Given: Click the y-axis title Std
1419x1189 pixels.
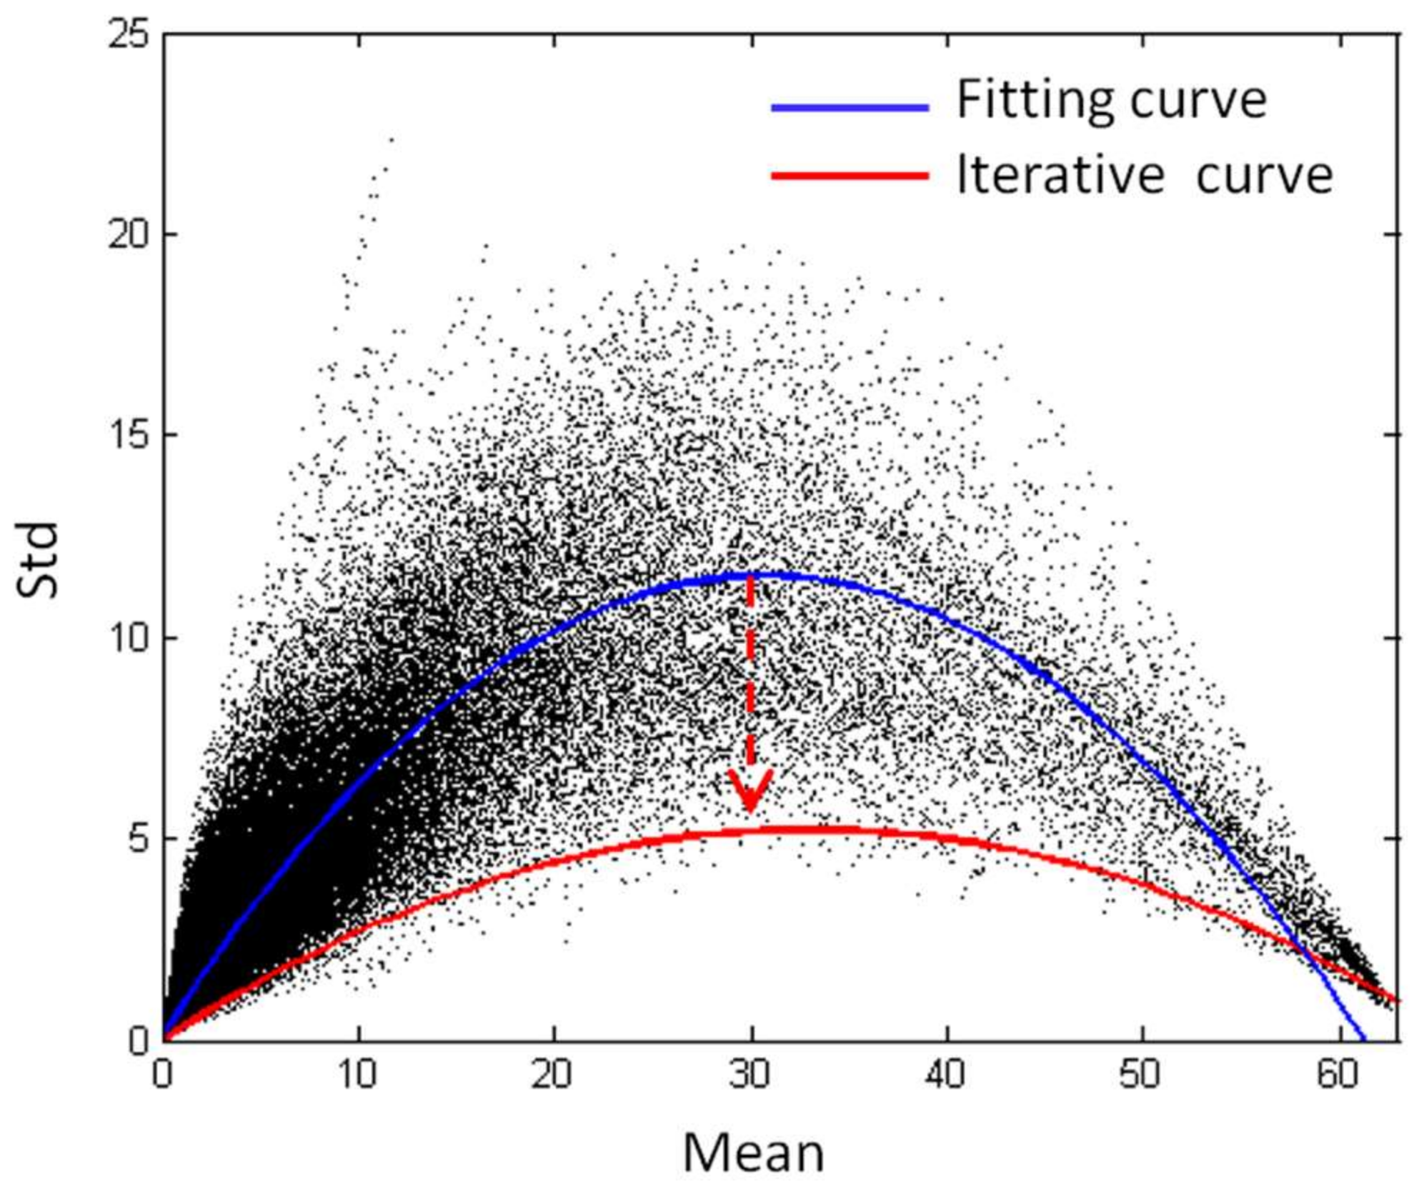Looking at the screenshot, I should coord(37,561).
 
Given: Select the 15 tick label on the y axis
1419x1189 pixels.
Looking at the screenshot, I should coord(130,436).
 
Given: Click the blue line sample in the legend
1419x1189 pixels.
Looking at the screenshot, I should coord(850,108).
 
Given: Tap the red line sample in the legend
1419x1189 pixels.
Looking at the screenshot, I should coord(850,175).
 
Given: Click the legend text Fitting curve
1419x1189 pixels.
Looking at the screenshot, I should coord(1111,100).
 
